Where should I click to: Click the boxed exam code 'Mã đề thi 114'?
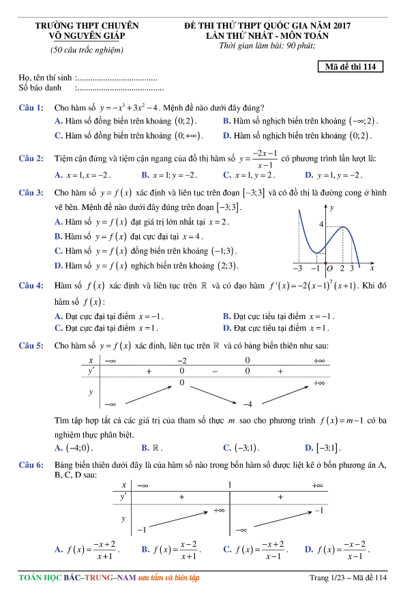coord(351,67)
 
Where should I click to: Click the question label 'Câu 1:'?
coord(31,108)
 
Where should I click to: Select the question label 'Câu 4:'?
coord(31,285)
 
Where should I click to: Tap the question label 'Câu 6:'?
coord(31,464)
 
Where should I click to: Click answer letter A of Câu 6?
coord(57,549)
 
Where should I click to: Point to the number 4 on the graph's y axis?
coord(321,224)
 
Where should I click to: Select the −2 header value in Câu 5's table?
coord(182,360)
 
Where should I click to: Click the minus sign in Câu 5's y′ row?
coord(214,372)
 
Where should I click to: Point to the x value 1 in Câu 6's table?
coord(229,485)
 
